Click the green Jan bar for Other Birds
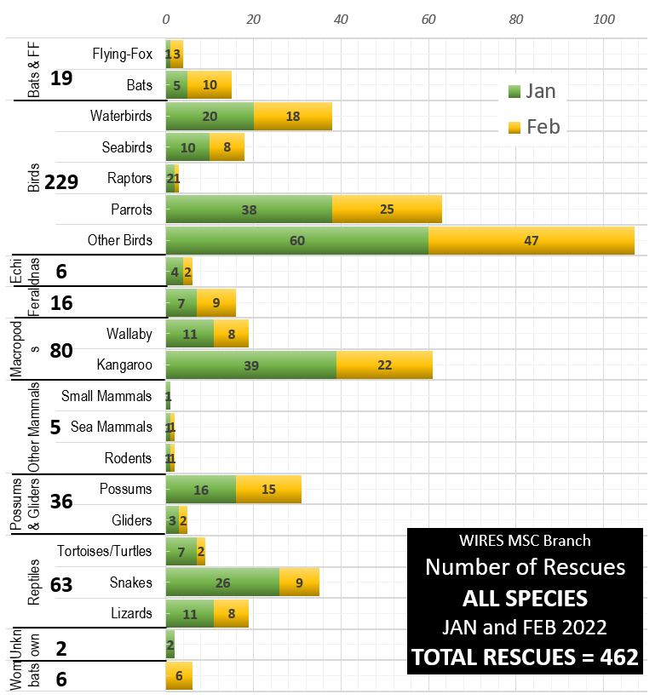[296, 240]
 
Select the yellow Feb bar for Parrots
[387, 209]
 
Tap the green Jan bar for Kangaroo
[250, 364]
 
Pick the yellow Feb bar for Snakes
[299, 582]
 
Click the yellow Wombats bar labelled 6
[179, 675]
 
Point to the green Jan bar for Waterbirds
[210, 117]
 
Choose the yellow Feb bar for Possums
[268, 489]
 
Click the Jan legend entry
[532, 92]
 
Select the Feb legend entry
[533, 127]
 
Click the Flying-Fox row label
[122, 55]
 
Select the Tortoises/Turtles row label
[105, 551]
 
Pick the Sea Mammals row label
[111, 427]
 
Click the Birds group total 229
[61, 181]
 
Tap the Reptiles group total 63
[61, 585]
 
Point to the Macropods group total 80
[61, 350]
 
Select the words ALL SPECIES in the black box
[525, 597]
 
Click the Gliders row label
[131, 520]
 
